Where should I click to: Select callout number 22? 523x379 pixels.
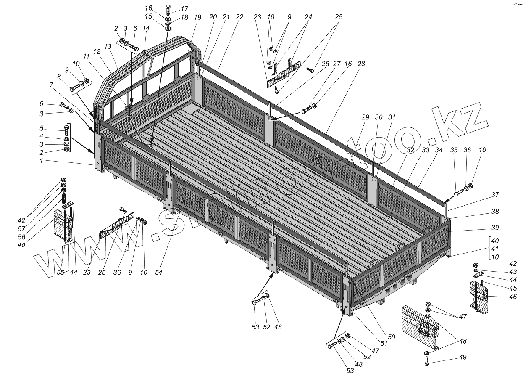(x=239, y=17)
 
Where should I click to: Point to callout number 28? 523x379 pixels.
(x=361, y=64)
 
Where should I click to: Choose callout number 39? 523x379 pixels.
(x=495, y=228)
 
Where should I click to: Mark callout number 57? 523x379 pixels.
(x=22, y=228)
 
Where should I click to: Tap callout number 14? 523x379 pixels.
(x=146, y=28)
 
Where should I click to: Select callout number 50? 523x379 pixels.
(x=392, y=337)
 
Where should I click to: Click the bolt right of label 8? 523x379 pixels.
(x=74, y=88)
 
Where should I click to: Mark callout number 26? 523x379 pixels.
(x=325, y=64)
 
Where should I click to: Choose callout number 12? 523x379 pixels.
(x=97, y=51)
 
